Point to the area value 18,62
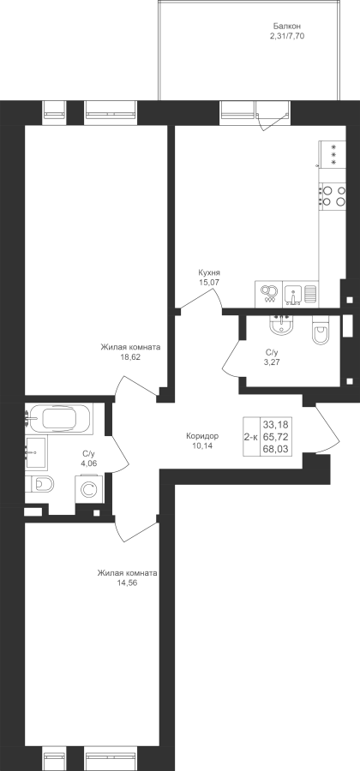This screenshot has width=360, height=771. [x=130, y=357]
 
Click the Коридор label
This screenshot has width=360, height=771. [x=202, y=436]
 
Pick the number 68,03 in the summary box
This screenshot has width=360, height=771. [x=275, y=448]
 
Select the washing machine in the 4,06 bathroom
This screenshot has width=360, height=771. [x=89, y=489]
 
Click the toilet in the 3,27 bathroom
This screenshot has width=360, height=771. [x=322, y=331]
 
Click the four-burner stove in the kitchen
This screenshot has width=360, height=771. [x=333, y=195]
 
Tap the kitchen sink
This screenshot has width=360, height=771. [x=294, y=294]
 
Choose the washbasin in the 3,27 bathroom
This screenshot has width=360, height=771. [x=281, y=325]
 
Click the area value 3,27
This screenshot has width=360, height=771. [x=272, y=362]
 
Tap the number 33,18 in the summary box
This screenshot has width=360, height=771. [x=275, y=424]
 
